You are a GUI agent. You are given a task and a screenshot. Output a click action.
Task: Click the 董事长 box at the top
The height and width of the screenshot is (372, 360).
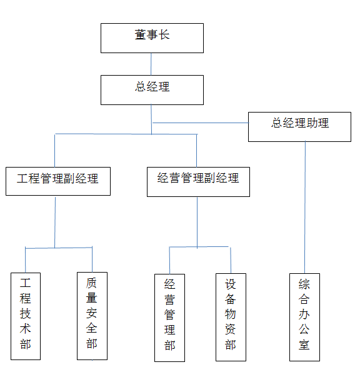(x=152, y=38)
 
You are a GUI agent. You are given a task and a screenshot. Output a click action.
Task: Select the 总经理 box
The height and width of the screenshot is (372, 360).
(x=152, y=89)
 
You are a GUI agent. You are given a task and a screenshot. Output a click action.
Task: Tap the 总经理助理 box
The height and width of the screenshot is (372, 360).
(x=299, y=126)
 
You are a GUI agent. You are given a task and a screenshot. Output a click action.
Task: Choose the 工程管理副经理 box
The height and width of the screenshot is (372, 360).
(x=57, y=181)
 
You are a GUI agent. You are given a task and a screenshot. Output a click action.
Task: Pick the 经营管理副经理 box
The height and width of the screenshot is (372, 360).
(x=198, y=181)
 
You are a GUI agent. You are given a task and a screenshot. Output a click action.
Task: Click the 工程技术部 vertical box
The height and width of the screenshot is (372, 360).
(x=26, y=316)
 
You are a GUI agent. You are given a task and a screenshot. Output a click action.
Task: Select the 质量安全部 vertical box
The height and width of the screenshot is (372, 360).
(x=92, y=316)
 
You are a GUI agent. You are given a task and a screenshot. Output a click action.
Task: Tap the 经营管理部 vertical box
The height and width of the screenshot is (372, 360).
(x=169, y=317)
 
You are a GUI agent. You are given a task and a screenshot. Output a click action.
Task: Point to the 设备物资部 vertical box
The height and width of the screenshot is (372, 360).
(x=231, y=317)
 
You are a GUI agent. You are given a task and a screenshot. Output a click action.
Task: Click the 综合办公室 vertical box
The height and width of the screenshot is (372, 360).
(x=304, y=317)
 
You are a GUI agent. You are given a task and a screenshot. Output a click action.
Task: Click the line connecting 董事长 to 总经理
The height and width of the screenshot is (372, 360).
(x=151, y=64)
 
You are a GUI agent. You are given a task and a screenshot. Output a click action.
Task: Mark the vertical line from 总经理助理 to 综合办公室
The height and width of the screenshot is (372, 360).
(x=305, y=206)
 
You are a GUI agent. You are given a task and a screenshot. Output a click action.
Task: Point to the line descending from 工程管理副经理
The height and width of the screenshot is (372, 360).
(x=55, y=222)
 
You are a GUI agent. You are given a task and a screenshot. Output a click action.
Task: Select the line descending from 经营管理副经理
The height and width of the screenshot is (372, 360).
(x=197, y=222)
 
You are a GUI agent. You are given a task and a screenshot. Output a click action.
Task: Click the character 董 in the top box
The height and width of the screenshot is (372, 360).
(x=141, y=35)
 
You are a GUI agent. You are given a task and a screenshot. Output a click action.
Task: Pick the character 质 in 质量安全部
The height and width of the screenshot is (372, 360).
(x=92, y=283)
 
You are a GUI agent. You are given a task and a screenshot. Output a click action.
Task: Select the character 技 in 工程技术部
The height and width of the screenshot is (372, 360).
(x=26, y=313)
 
